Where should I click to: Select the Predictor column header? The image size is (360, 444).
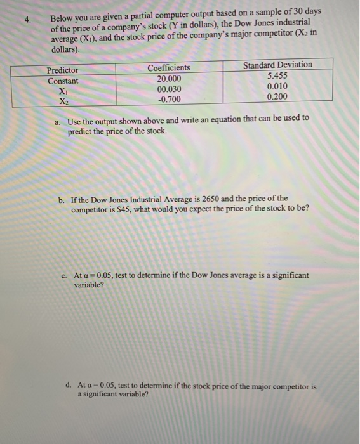click(63, 70)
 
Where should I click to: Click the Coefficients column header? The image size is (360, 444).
click(169, 68)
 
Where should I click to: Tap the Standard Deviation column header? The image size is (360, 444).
click(277, 65)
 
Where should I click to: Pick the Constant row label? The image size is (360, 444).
click(63, 81)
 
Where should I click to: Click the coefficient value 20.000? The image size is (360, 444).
click(169, 78)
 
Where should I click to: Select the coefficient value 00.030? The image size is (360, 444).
click(169, 89)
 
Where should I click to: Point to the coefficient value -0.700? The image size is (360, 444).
click(169, 99)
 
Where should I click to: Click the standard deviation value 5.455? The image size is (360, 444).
click(277, 75)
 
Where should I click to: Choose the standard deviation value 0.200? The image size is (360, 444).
click(277, 96)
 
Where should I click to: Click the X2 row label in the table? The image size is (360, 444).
click(63, 101)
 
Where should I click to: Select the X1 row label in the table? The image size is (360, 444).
click(63, 91)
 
